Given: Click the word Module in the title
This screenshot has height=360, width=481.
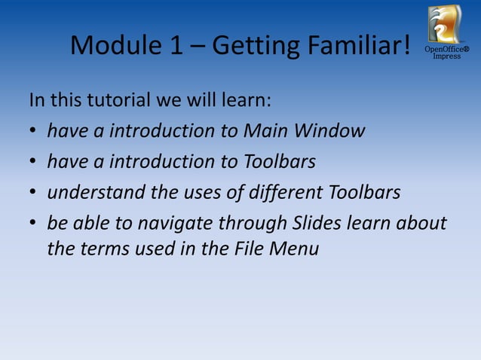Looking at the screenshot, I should click(113, 46).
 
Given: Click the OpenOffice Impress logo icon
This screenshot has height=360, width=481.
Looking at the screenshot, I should click(445, 24).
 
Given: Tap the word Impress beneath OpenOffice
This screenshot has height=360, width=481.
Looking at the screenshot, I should click(446, 56).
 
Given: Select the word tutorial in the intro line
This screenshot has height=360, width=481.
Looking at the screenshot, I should click(113, 100).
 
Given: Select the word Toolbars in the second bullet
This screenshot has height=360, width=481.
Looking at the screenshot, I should click(280, 162).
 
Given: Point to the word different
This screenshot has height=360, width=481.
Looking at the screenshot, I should click(288, 193).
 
